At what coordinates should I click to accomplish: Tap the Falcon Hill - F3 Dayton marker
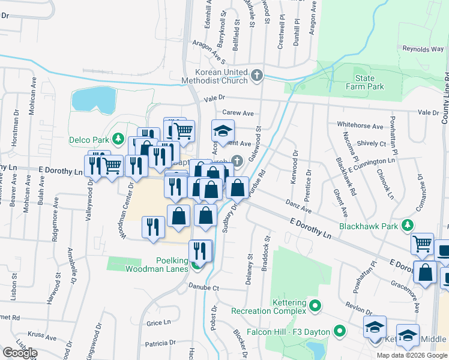click(x=339, y=331)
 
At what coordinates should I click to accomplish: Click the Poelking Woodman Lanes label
click(x=157, y=264)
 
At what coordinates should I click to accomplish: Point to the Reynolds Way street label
click(x=422, y=49)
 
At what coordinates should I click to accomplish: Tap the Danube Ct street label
click(x=203, y=288)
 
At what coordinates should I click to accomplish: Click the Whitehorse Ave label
click(x=360, y=126)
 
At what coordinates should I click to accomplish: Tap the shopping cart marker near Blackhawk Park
click(x=422, y=243)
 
